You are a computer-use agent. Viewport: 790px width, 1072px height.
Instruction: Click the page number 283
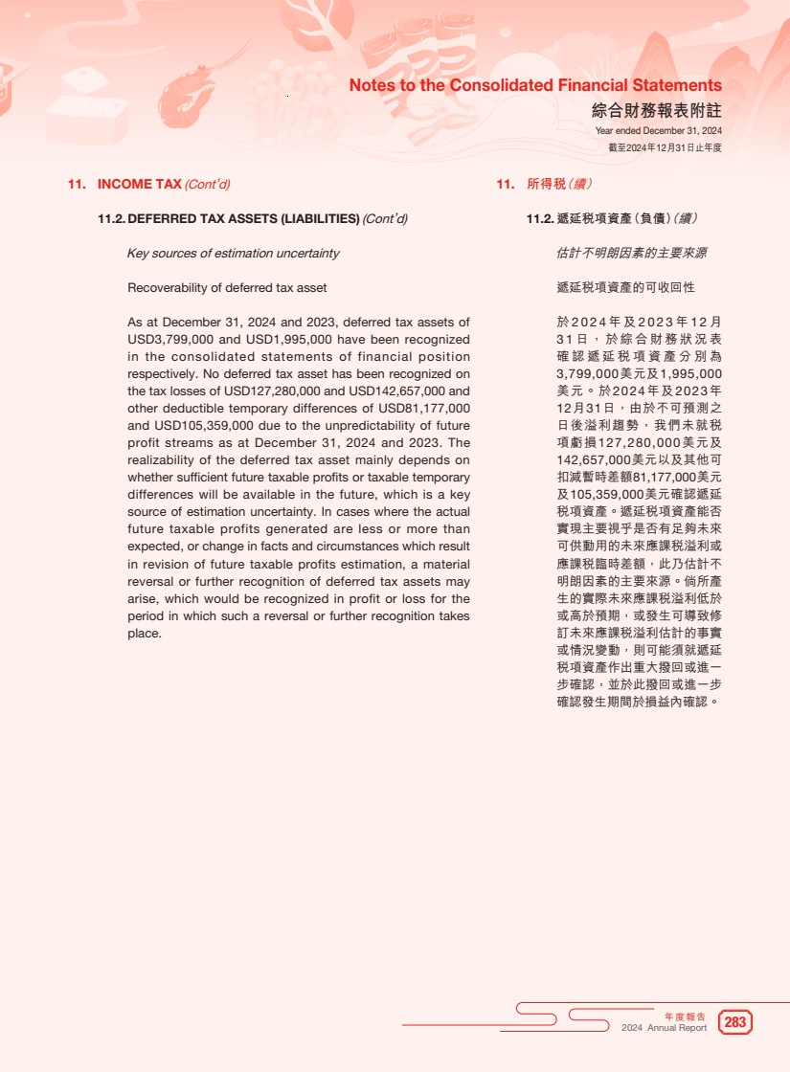[735, 1022]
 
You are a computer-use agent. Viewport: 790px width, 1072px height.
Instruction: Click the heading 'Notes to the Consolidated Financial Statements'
[535, 86]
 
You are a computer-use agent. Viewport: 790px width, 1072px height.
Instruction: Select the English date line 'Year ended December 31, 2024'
[658, 130]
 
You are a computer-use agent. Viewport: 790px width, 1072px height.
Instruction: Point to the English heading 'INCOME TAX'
[140, 185]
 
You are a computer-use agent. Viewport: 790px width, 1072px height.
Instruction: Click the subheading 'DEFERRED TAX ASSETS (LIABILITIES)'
[243, 219]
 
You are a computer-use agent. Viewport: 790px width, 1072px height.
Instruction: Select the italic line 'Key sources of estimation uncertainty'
[233, 254]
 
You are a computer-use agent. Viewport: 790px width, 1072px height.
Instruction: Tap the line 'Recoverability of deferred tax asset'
[227, 288]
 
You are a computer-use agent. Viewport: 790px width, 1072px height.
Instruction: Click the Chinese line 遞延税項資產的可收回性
[625, 288]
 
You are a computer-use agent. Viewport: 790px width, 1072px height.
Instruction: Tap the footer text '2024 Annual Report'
[664, 1028]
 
